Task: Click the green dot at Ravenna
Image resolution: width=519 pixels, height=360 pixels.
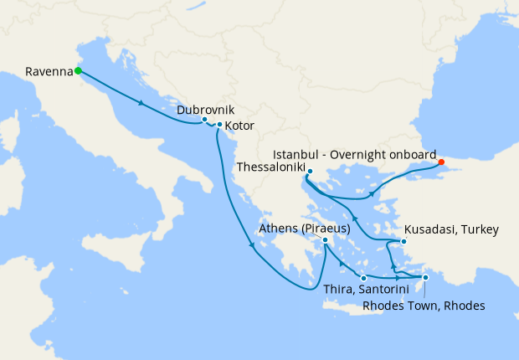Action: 78,71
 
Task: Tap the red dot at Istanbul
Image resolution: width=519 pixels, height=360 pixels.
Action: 441,162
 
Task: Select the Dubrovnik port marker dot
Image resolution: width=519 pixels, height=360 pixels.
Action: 204,120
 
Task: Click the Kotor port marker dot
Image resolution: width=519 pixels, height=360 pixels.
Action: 219,126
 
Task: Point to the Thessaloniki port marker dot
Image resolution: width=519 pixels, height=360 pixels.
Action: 309,172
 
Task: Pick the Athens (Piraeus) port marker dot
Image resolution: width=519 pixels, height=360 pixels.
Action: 325,240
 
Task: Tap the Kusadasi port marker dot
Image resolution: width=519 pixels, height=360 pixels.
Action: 403,242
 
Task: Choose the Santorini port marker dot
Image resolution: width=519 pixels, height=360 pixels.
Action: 363,277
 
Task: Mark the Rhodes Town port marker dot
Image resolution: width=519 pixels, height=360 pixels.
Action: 425,278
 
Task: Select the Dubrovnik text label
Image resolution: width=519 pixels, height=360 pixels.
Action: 205,109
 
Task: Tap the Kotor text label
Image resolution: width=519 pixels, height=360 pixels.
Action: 239,126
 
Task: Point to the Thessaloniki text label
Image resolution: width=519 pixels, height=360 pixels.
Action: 271,167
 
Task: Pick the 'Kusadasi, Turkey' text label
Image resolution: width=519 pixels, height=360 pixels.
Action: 451,229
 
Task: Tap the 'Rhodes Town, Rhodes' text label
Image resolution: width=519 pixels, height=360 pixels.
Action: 424,306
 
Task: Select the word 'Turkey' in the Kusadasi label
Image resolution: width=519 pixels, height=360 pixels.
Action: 480,229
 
